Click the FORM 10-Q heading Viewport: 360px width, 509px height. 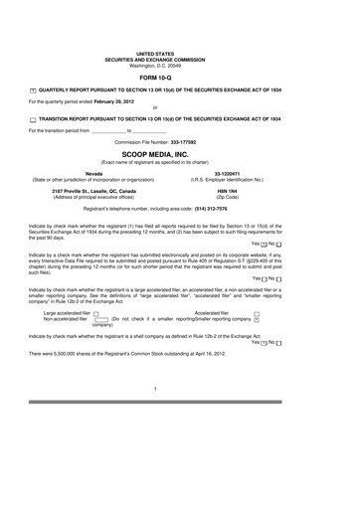click(x=179, y=76)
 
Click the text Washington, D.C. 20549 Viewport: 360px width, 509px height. click(x=179, y=62)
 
